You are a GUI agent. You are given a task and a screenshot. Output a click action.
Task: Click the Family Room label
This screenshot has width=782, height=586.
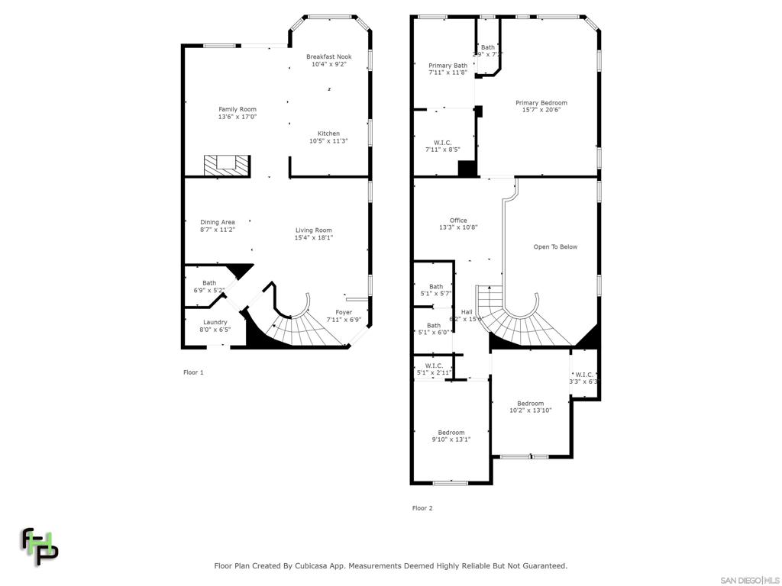point(238,109)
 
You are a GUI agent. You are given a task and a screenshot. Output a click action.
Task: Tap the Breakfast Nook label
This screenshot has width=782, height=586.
point(328,56)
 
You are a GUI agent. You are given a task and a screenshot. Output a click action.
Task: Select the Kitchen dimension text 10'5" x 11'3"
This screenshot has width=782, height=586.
point(328,141)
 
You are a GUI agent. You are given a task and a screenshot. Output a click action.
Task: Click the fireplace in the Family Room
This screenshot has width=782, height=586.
point(227,165)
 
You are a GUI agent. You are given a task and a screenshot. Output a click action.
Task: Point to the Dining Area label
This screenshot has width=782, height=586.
point(218,222)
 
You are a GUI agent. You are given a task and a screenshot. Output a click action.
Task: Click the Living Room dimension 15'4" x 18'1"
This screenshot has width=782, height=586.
point(313,237)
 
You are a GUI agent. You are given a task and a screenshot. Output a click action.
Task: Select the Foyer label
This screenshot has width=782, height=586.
point(344,312)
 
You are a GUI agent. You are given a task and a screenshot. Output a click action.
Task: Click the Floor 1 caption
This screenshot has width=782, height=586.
point(193,372)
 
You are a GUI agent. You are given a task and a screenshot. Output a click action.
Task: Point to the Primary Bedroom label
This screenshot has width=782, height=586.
point(541,102)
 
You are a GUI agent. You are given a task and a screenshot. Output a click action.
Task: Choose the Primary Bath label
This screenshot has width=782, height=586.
point(448,66)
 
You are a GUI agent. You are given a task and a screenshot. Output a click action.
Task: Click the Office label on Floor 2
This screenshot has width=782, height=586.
point(458,221)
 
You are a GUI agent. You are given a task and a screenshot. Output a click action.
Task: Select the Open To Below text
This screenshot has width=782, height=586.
point(555,246)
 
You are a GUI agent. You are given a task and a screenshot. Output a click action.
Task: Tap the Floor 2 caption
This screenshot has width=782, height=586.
point(422,508)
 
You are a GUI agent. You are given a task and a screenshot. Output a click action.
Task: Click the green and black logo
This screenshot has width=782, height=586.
point(39,546)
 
